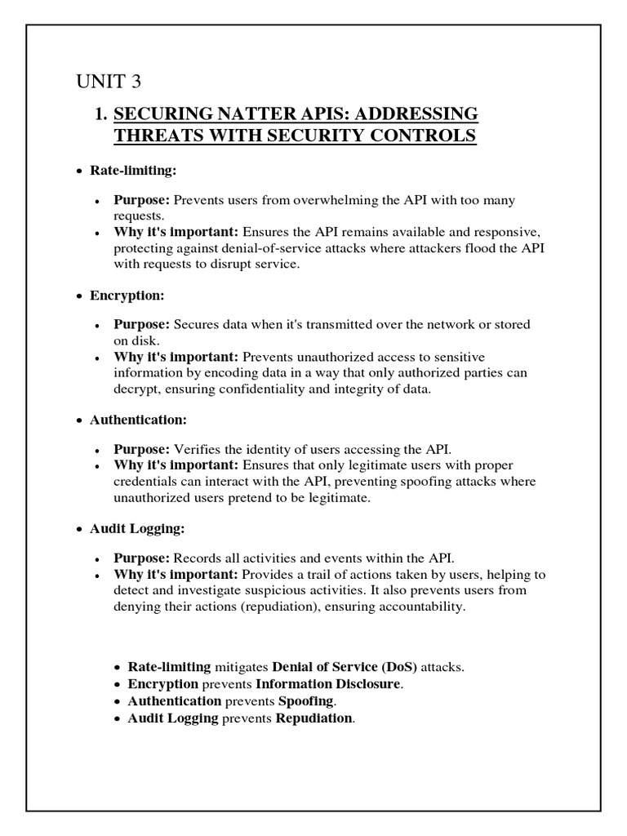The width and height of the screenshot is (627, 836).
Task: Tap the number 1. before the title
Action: tap(101, 113)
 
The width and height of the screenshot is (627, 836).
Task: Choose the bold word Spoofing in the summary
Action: tap(306, 701)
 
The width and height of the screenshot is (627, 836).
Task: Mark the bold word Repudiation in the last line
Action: tap(314, 718)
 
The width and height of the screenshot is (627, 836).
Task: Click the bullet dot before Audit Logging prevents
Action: tap(118, 718)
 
